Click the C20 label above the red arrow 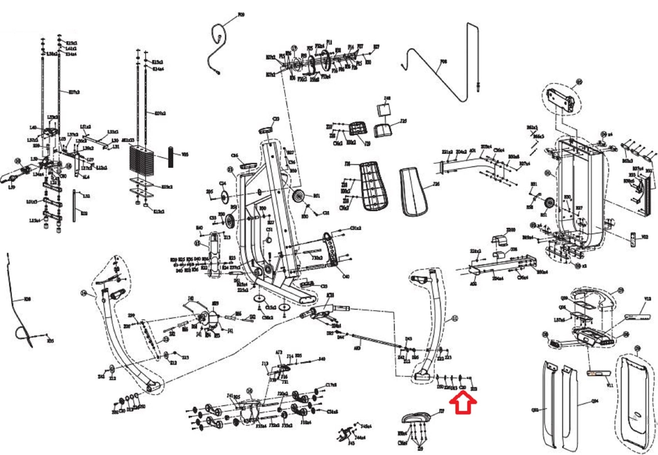(x=463, y=388)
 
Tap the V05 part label (x=185, y=155)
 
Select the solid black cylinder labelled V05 (x=171, y=157)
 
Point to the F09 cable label (x=241, y=15)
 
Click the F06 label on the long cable (x=443, y=61)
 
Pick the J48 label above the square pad (x=387, y=98)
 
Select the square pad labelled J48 (x=384, y=111)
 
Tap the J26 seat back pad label (x=436, y=184)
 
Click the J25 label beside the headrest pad (x=404, y=121)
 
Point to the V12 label (x=647, y=299)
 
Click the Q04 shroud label (x=595, y=401)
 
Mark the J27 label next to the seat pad (x=442, y=411)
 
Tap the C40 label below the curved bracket (x=346, y=276)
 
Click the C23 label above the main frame (x=276, y=119)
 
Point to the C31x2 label (x=355, y=228)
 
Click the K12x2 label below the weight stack (x=159, y=212)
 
